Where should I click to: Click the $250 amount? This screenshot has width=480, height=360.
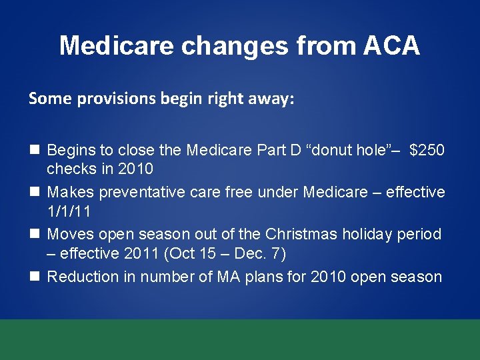427,149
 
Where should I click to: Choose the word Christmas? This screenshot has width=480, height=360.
301,234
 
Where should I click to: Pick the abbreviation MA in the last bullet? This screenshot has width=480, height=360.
223,277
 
